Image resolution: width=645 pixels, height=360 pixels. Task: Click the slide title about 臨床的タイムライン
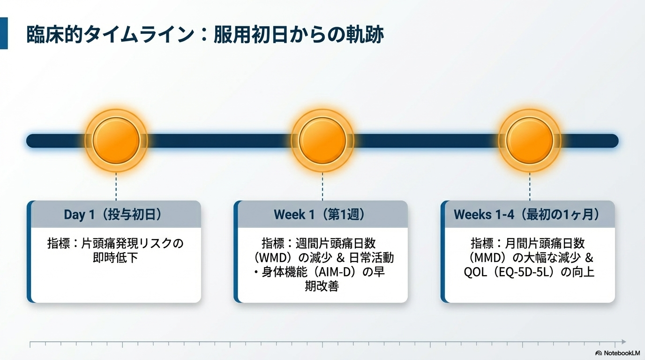point(205,35)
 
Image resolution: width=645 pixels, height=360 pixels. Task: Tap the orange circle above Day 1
point(116,141)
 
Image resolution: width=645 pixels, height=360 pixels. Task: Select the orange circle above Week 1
point(322,141)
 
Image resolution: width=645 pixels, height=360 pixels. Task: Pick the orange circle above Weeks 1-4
point(529,141)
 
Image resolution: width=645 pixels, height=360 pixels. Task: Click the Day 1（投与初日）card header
point(113,215)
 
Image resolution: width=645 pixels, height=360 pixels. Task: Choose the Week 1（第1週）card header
point(320,215)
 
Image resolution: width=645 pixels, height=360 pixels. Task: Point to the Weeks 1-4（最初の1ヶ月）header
point(527,215)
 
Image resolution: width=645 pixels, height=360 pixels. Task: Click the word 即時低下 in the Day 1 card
point(116,258)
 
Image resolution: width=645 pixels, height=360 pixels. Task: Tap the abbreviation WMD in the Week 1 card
point(276,258)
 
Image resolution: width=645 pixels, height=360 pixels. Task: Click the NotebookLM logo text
point(622,352)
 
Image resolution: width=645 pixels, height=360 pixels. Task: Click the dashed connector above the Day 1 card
point(116,186)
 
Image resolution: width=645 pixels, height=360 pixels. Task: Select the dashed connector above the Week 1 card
point(322,186)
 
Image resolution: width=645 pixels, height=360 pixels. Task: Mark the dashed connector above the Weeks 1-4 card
point(529,186)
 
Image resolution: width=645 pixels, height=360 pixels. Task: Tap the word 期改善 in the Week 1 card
point(322,286)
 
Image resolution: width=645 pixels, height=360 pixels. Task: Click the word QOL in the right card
point(474,272)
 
